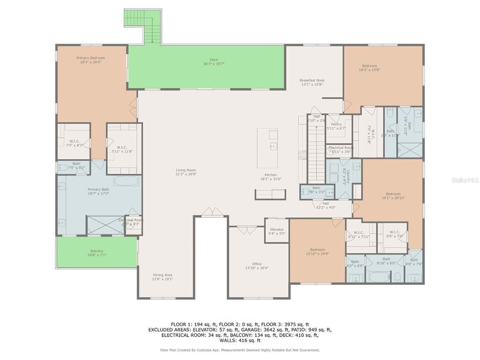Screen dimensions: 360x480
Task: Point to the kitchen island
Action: point(267,148)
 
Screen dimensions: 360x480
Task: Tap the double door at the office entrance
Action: point(243,230)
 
